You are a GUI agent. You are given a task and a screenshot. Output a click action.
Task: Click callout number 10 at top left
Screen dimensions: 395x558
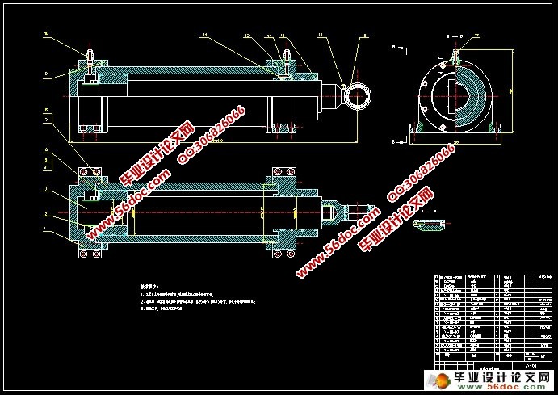click(46, 34)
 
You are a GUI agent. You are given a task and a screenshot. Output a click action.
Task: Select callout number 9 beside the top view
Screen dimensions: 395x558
click(46, 74)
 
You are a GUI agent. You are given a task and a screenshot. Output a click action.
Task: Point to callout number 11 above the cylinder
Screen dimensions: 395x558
click(204, 36)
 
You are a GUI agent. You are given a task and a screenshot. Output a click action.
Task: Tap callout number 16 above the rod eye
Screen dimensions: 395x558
click(363, 36)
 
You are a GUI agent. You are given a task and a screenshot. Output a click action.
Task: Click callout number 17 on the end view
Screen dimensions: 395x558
click(476, 36)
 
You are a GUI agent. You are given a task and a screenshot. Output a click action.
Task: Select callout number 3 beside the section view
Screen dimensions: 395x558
click(47, 189)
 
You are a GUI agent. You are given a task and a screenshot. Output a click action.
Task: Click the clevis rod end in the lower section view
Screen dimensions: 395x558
click(337, 212)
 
